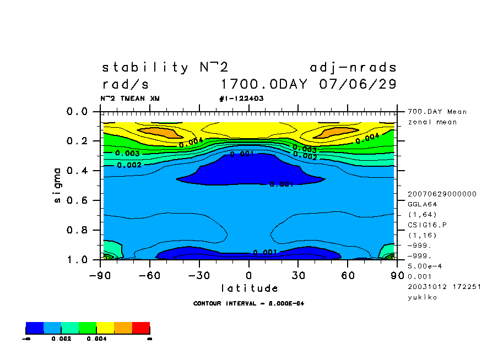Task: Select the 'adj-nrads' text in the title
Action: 353,68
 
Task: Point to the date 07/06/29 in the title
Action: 358,85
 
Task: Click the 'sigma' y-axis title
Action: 58,185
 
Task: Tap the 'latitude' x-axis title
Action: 249,288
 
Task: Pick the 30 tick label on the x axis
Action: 297,275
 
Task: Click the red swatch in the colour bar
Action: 141,329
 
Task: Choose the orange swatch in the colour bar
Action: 123,329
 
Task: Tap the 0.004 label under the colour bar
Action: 96,339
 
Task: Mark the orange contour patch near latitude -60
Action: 158,132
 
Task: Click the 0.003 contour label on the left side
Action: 127,153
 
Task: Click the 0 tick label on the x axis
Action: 248,275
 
